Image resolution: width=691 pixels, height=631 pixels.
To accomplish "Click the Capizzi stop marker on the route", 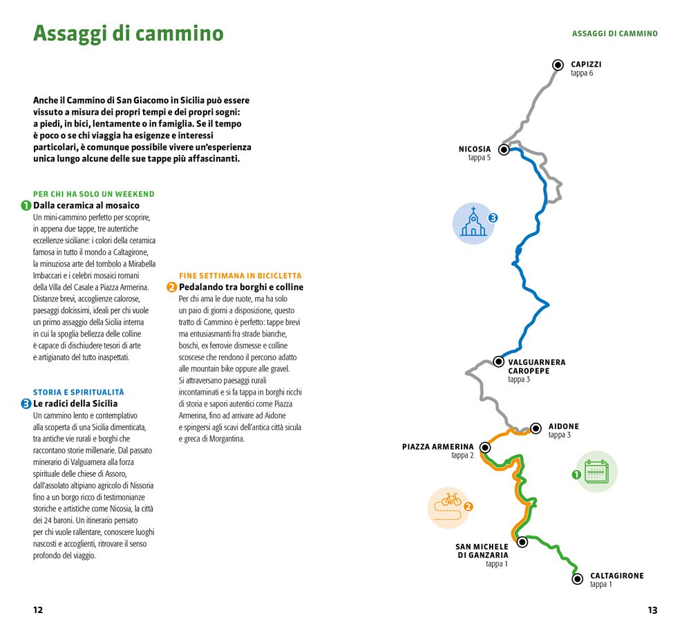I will click(x=558, y=65).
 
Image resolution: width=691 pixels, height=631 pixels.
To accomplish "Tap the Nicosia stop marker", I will click(x=504, y=149).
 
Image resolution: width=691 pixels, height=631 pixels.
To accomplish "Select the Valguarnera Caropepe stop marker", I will click(x=499, y=361).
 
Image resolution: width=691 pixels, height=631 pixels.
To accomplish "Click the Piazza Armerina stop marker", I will click(x=485, y=447).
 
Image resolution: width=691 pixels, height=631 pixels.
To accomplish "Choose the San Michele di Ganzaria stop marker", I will click(x=522, y=542).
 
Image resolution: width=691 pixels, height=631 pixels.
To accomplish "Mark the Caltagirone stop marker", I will click(x=578, y=578).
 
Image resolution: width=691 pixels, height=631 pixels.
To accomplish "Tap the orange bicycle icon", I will click(x=449, y=507).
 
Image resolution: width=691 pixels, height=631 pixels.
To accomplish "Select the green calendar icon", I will click(x=596, y=472).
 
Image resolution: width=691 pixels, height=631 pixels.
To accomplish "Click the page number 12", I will click(x=38, y=610).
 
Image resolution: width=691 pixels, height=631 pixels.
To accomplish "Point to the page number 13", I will click(x=652, y=610).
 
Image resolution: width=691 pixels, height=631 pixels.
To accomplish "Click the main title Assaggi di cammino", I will click(x=129, y=33).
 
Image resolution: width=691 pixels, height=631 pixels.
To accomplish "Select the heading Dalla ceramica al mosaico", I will click(x=86, y=205).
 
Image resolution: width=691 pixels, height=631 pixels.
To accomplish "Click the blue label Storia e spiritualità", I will click(x=79, y=392).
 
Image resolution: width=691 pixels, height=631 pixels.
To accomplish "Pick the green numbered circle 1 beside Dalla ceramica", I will click(x=26, y=205).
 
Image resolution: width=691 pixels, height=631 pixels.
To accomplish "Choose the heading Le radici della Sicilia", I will click(x=75, y=403).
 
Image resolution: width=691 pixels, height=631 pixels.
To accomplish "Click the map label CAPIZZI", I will click(x=586, y=64).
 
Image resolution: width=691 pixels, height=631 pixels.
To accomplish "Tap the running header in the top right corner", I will click(x=614, y=33).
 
